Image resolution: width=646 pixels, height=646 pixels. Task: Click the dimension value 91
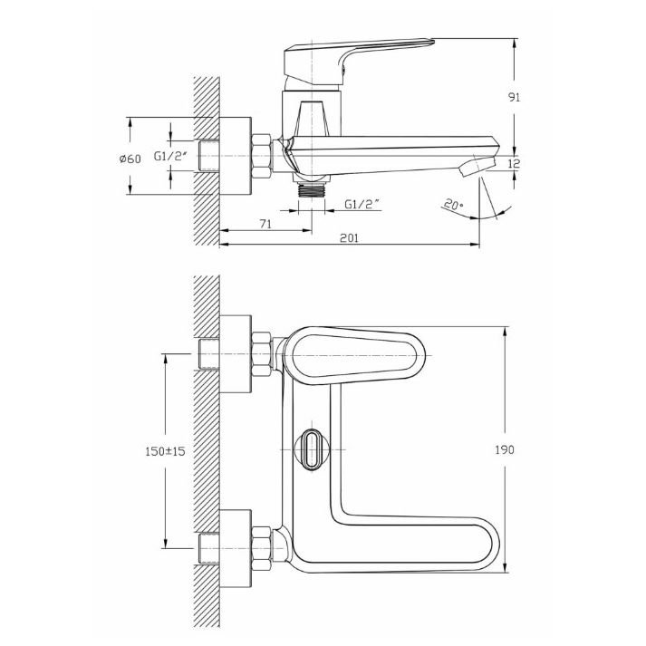click(515, 97)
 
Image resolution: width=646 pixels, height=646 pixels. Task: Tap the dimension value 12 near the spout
click(514, 164)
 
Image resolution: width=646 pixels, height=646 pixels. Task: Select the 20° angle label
click(454, 205)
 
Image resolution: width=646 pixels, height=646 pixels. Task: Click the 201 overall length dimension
click(350, 238)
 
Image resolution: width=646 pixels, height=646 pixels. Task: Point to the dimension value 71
click(265, 224)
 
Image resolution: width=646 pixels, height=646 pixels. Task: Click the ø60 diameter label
click(130, 159)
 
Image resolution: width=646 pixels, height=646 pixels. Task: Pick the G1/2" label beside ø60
click(171, 156)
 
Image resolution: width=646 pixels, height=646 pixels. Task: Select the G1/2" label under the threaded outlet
click(362, 204)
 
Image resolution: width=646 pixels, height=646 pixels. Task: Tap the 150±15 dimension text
click(166, 451)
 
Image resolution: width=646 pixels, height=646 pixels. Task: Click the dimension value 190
click(505, 449)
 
